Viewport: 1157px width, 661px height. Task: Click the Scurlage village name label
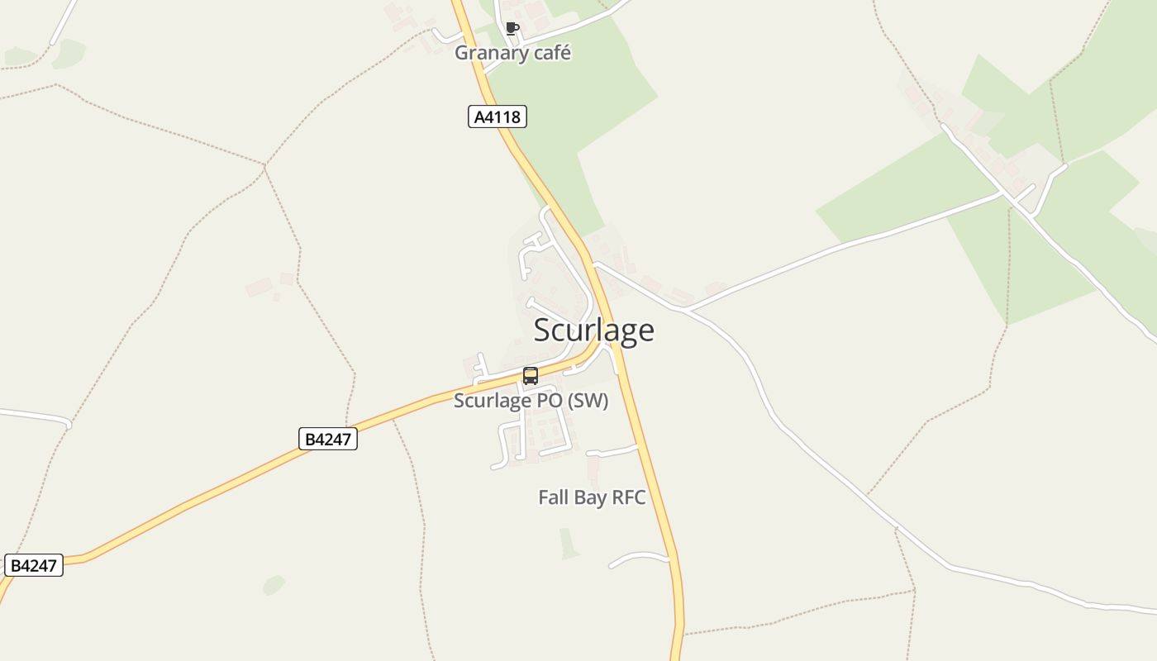[593, 330]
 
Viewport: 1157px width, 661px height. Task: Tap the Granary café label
[512, 53]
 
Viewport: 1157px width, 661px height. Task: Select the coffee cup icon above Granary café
[512, 29]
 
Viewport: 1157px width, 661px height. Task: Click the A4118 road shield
[498, 117]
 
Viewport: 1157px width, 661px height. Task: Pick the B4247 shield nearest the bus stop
[328, 439]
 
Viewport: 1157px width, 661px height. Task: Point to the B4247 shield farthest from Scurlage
[34, 565]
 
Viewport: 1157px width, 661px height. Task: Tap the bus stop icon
[531, 376]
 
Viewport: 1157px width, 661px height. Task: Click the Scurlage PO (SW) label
[531, 401]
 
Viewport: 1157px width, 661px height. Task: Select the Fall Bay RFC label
[592, 497]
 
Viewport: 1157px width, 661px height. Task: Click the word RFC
[627, 497]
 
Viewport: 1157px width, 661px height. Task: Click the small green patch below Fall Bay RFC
[568, 543]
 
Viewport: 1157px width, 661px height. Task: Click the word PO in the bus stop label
[545, 401]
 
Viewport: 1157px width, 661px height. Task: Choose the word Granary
[491, 53]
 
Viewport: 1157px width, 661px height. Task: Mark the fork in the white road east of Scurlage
[686, 310]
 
